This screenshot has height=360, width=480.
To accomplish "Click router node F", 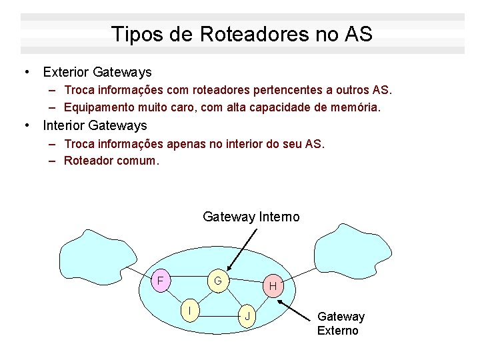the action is coord(160,280).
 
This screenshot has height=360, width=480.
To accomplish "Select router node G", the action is coord(218,281).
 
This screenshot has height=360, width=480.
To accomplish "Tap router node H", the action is coord(272,286).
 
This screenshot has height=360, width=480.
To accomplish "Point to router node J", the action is coord(247,315).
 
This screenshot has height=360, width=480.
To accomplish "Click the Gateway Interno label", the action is coord(251,217).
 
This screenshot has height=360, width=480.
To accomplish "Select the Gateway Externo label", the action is coord(341,323).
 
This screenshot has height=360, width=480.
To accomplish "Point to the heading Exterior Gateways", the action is coord(97,72).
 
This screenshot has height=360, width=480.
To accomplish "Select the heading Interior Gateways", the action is coord(95,125).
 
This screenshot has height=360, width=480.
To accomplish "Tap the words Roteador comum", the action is coord(111,160).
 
